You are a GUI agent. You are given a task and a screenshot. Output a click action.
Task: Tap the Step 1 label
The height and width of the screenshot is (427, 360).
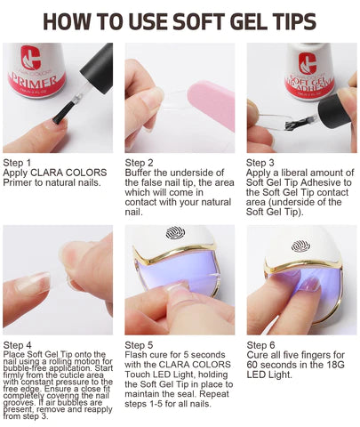coord(18,163)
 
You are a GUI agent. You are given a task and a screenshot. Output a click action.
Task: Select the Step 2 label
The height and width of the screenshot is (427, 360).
coord(140,163)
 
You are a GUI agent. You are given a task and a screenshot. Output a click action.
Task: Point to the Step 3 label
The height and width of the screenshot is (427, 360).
coord(261,163)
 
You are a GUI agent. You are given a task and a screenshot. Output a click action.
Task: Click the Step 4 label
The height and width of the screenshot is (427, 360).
coord(18,344)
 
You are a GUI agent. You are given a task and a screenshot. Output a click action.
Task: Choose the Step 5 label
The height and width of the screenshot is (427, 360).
coord(140,344)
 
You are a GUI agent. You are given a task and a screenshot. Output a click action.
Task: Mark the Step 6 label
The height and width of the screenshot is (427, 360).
coord(261,344)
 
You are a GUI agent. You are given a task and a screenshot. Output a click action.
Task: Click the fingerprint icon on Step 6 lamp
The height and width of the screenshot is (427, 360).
coord(301,245)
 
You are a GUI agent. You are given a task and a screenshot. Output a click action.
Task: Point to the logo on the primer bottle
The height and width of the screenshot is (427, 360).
coord(30,60)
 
